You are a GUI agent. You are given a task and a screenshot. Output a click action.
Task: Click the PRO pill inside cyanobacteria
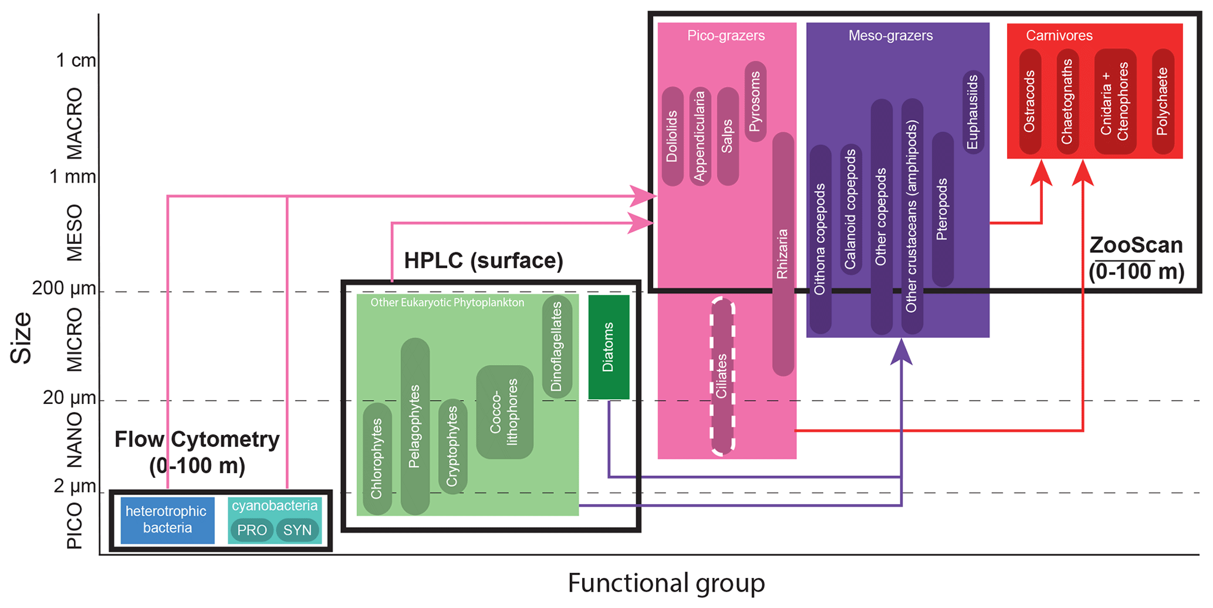(252, 530)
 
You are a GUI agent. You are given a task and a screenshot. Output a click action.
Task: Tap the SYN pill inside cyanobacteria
(297, 530)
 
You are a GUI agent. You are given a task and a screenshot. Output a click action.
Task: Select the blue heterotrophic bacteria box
(167, 519)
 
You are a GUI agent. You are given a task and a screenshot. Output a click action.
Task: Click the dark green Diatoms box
(609, 347)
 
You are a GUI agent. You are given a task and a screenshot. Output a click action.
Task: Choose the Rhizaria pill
(783, 254)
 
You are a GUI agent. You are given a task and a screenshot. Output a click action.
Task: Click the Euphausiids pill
(973, 112)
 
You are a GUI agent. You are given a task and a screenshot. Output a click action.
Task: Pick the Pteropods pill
(942, 209)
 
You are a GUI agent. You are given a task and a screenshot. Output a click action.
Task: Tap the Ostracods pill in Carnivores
(1030, 102)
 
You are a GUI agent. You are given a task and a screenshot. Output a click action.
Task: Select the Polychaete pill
(1163, 102)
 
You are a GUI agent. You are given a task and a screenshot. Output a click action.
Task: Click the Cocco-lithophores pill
(505, 412)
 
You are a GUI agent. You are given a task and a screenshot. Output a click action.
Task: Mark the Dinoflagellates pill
(557, 347)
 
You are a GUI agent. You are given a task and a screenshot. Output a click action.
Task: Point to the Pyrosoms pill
(755, 101)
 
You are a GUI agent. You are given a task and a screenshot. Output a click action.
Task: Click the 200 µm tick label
(63, 288)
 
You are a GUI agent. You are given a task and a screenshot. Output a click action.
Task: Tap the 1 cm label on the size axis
(75, 60)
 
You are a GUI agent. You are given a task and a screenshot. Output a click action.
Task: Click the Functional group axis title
(666, 583)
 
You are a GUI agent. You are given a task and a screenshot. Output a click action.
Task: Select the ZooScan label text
(1136, 246)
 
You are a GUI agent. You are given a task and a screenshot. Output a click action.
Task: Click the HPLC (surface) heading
(484, 260)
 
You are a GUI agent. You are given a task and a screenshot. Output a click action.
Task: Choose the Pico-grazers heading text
(726, 36)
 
